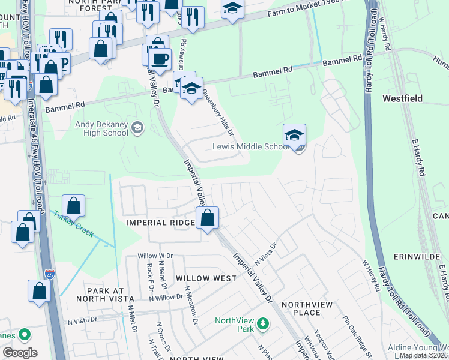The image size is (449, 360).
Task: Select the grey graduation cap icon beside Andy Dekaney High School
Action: click(138, 127)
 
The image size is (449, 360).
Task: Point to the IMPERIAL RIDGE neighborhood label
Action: click(160, 223)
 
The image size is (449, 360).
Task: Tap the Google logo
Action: click(20, 353)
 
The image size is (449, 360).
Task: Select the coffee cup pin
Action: click(160, 59)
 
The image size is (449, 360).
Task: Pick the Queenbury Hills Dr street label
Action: click(217, 112)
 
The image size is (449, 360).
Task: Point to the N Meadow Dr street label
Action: click(191, 305)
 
